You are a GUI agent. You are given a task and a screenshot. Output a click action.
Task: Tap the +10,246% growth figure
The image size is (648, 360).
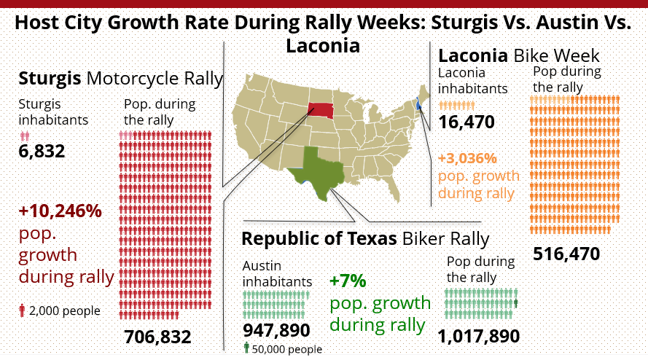[60, 211]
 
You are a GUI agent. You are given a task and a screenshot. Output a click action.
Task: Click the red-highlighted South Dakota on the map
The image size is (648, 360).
[320, 110]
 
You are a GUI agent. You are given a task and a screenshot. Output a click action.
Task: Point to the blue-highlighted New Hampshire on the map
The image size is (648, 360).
[418, 104]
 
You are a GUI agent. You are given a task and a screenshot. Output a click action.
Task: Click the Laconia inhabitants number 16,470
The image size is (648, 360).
[467, 122]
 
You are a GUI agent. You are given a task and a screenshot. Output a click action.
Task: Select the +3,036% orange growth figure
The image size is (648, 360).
[467, 158]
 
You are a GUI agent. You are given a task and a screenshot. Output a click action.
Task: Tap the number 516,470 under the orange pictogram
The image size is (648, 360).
[566, 254]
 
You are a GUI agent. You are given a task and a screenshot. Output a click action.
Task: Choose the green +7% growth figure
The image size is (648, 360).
[348, 281]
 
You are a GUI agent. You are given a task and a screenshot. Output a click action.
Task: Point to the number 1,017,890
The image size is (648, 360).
[479, 336]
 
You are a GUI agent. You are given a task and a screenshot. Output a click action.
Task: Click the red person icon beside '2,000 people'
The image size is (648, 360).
[23, 311]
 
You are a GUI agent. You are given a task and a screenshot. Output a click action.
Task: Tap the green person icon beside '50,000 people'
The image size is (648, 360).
[246, 348]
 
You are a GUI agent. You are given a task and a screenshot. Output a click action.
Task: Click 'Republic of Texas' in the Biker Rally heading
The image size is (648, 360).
[319, 238]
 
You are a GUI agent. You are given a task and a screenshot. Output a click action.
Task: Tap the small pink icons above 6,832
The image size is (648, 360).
[25, 136]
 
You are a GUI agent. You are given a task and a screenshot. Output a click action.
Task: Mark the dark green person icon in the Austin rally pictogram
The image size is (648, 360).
[515, 302]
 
